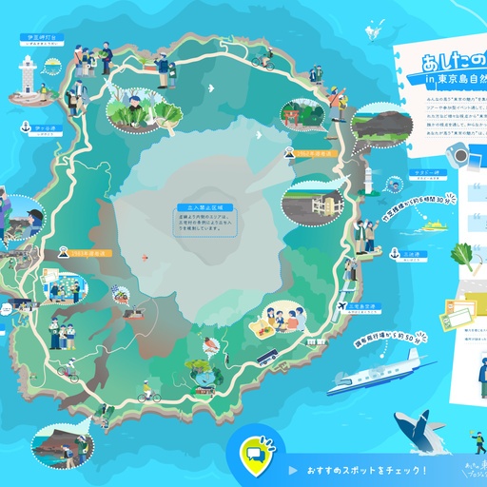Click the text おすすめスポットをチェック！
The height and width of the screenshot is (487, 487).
366,470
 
